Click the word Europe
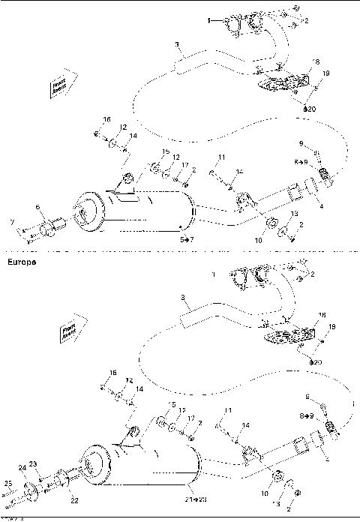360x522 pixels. click(19, 263)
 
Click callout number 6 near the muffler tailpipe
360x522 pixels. click(37, 207)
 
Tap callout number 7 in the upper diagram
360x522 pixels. click(12, 223)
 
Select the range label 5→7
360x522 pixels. click(185, 238)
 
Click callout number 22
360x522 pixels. click(73, 499)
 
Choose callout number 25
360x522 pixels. click(8, 483)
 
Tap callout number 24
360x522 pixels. click(22, 469)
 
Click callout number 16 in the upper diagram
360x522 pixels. click(106, 120)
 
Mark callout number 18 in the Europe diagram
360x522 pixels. click(322, 316)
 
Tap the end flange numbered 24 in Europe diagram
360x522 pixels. click(31, 492)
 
